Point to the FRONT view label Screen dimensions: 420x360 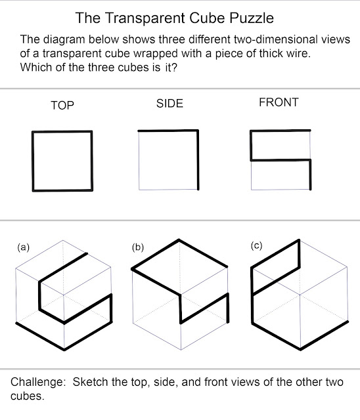[x=279, y=102]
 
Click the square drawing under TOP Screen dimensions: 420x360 [x=62, y=161]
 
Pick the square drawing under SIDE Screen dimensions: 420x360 [x=169, y=160]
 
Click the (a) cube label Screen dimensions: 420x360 [x=23, y=247]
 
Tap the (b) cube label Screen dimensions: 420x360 [x=138, y=247]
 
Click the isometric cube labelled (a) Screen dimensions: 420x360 [x=64, y=299]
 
